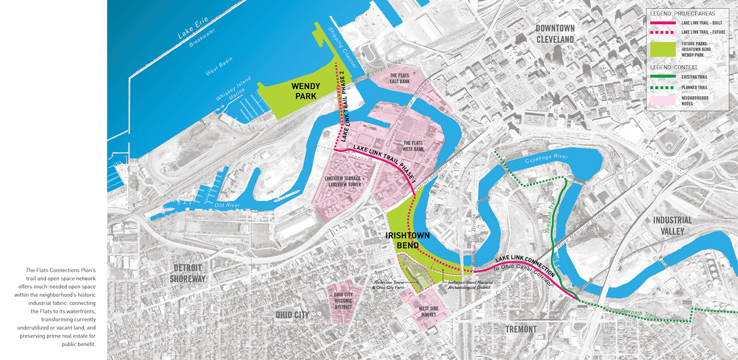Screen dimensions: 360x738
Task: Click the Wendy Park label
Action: pyautogui.click(x=306, y=91)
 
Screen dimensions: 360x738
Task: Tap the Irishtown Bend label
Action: pyautogui.click(x=407, y=240)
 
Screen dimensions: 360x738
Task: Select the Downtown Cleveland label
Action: pyautogui.click(x=555, y=34)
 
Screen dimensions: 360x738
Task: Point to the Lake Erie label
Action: pyautogui.click(x=193, y=27)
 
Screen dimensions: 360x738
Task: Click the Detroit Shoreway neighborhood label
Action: pyautogui.click(x=188, y=273)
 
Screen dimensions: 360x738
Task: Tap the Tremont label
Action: pyautogui.click(x=521, y=329)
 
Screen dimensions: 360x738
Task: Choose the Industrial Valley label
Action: pyautogui.click(x=672, y=225)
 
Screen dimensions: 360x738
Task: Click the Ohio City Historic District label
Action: pyautogui.click(x=343, y=301)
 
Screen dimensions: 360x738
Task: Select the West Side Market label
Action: pyautogui.click(x=428, y=311)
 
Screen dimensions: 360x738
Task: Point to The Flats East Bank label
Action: pyautogui.click(x=399, y=78)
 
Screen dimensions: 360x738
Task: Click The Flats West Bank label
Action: pyautogui.click(x=413, y=146)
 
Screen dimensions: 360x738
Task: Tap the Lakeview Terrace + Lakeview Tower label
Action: pyautogui.click(x=345, y=181)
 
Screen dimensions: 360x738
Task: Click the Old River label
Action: pyautogui.click(x=227, y=205)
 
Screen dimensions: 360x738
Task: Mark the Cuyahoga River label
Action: pyautogui.click(x=546, y=159)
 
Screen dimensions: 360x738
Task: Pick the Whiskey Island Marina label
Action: pyautogui.click(x=234, y=89)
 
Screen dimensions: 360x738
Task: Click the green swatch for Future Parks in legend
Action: pyautogui.click(x=662, y=49)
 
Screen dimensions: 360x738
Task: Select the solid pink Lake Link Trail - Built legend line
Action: pyautogui.click(x=662, y=23)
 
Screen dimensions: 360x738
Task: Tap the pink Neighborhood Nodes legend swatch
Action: pyautogui.click(x=662, y=100)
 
